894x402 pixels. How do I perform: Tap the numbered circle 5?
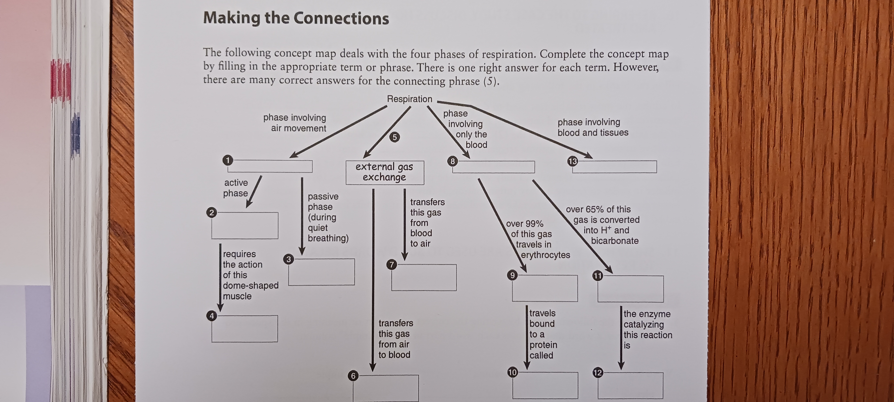[394, 137]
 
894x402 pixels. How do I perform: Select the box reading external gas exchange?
[385, 172]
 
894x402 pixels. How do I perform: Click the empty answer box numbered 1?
[270, 166]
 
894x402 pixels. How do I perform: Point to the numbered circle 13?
[572, 161]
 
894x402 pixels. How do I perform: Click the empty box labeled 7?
[424, 277]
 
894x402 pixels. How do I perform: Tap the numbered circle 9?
[512, 275]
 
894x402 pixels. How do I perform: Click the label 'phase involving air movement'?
[295, 123]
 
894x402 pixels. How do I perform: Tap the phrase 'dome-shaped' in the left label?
[251, 286]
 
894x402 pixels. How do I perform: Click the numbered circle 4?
[212, 316]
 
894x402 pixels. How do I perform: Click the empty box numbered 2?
[245, 226]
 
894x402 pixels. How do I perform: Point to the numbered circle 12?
[597, 373]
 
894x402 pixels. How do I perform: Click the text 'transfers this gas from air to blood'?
[395, 339]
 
